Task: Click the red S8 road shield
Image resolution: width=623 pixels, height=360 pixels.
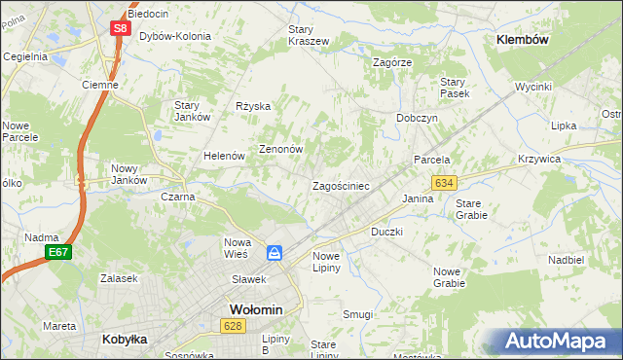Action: coord(119,28)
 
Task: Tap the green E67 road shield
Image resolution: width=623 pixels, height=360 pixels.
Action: coord(57,252)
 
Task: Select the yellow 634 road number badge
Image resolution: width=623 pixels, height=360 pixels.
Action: coord(445,183)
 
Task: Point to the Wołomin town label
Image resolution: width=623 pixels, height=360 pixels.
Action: coord(255,309)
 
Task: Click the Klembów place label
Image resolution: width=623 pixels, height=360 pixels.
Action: coord(523,40)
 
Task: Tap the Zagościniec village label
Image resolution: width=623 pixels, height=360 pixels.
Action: coord(340,185)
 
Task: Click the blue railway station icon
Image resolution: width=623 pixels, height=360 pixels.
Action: coord(275,253)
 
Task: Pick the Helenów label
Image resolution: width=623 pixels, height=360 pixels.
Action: coord(223,156)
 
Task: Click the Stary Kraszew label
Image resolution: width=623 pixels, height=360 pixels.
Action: coord(309,35)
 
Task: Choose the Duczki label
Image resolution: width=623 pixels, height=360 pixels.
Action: coord(386,233)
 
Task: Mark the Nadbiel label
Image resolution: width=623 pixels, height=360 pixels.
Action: coord(566,260)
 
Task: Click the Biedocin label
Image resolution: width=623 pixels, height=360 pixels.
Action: coord(147,15)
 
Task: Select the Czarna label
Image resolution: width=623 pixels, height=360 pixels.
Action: coord(178,197)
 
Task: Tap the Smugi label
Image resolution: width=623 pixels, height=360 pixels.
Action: coord(357,314)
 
